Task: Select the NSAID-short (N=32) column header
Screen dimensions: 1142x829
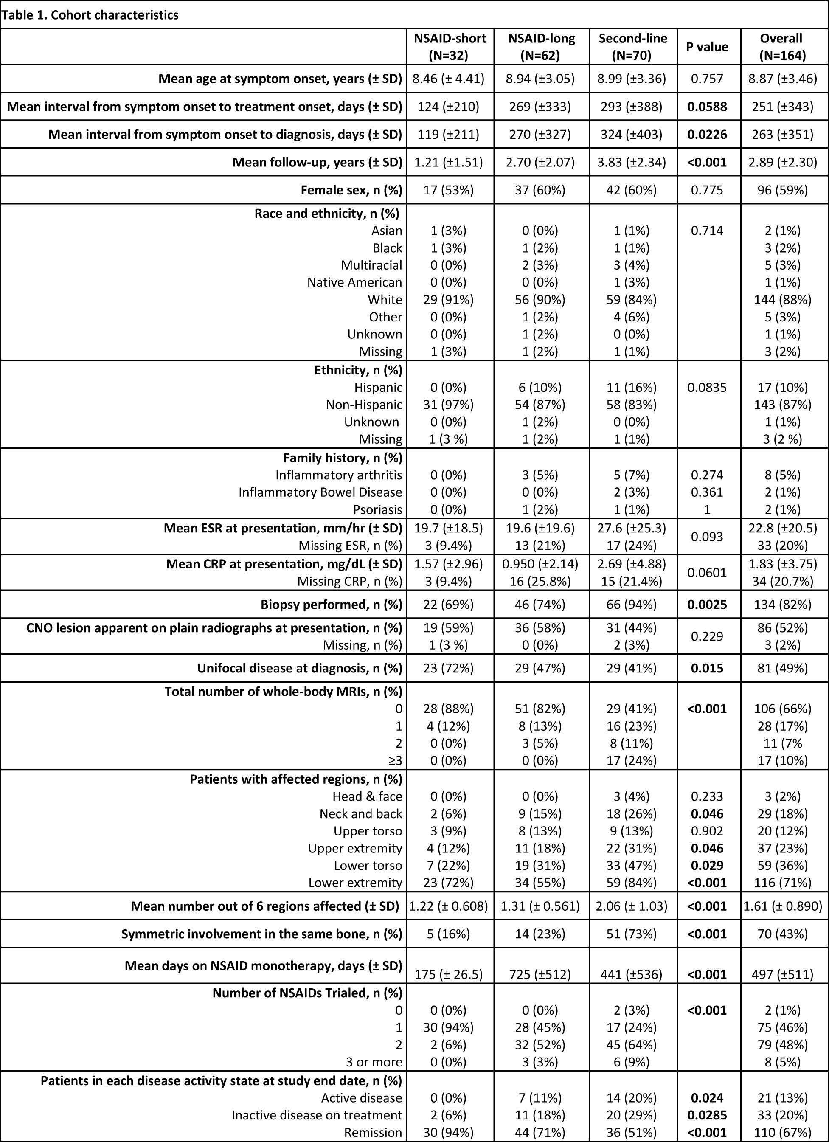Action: [x=450, y=47]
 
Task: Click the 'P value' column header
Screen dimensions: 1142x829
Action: [x=707, y=47]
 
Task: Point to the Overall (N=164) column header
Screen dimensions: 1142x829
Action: [x=781, y=47]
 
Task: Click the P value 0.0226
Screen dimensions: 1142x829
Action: [x=707, y=135]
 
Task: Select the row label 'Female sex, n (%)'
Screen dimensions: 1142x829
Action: [x=351, y=190]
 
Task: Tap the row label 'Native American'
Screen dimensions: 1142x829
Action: [x=354, y=282]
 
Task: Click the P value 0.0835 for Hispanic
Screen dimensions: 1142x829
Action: [x=707, y=387]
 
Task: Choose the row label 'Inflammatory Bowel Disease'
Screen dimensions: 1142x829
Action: [x=320, y=492]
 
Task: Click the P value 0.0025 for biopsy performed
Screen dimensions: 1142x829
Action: [x=707, y=604]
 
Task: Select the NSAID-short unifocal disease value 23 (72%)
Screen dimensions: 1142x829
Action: [x=450, y=668]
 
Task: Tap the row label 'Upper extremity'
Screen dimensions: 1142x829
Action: [x=355, y=849]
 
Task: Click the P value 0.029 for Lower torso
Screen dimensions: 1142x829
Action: [x=707, y=866]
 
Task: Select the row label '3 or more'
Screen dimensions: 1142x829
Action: [x=374, y=1062]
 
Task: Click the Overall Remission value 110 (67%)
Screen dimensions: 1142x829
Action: [x=781, y=1132]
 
